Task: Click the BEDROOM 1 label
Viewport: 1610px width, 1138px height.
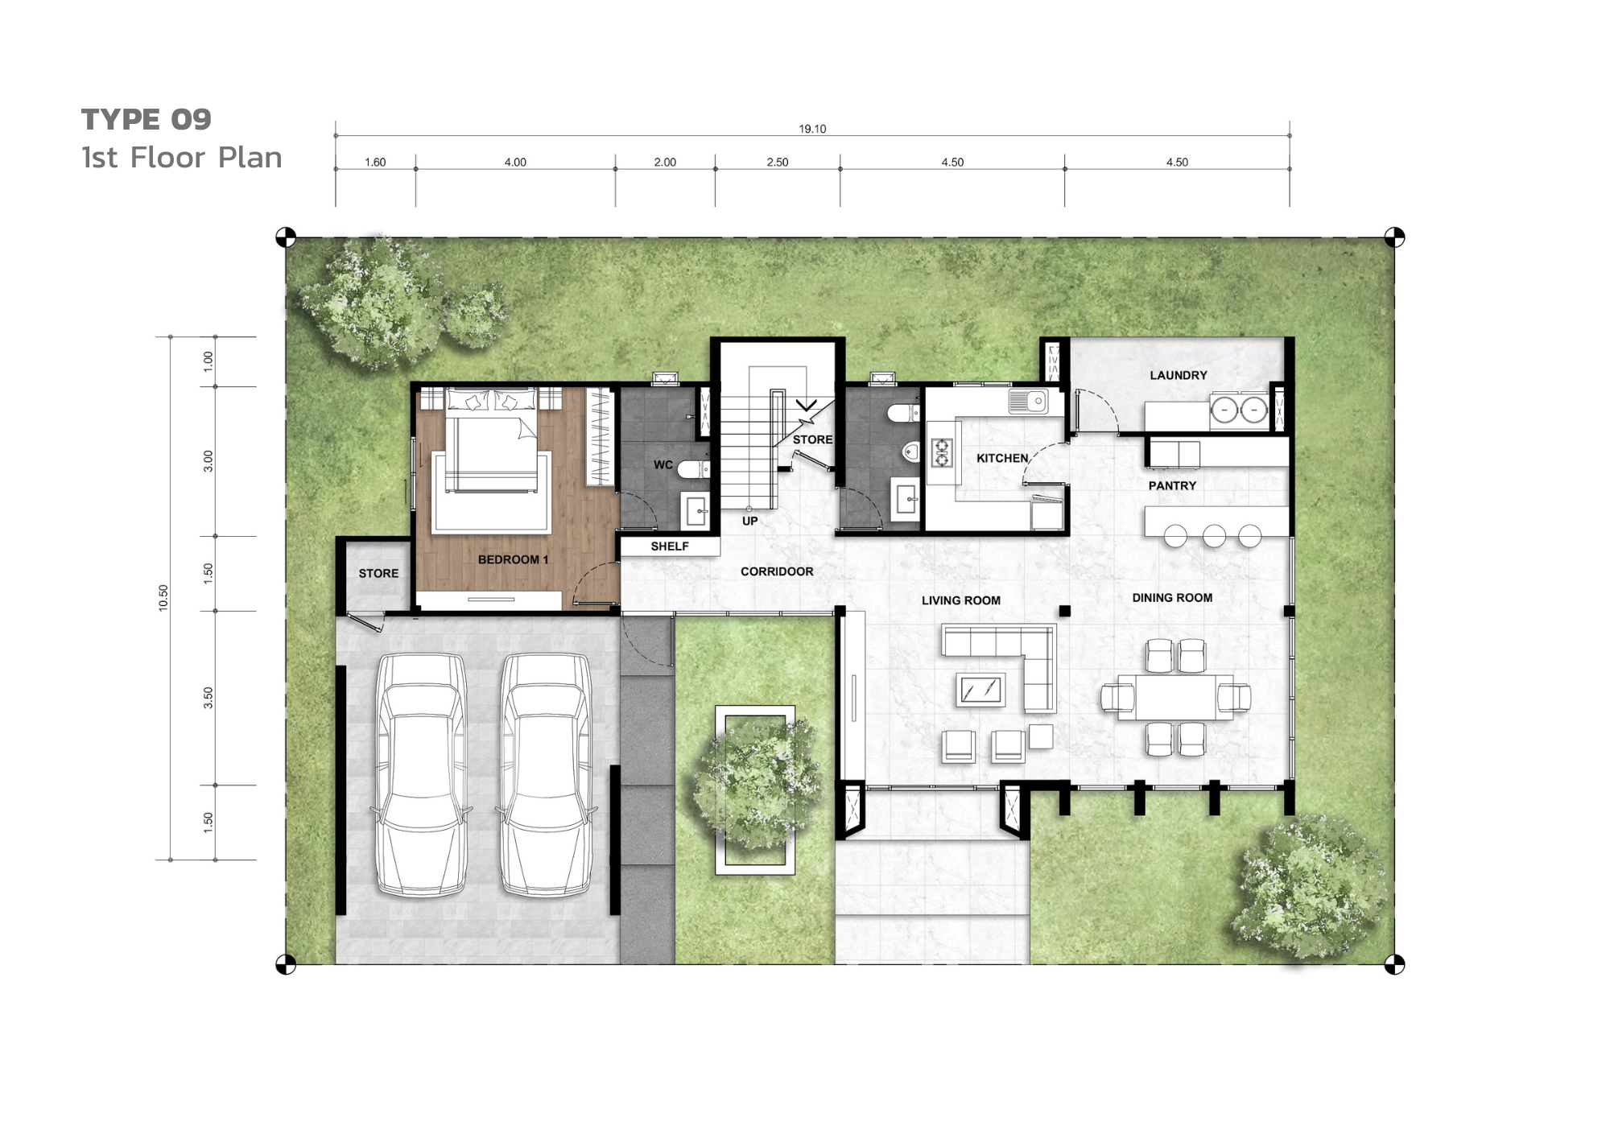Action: tap(513, 559)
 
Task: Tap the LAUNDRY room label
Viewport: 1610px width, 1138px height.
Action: tap(1179, 375)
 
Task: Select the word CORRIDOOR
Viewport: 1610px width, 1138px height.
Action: tap(777, 571)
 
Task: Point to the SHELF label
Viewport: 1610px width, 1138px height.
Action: tap(670, 546)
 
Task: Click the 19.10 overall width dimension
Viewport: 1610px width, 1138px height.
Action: tap(812, 129)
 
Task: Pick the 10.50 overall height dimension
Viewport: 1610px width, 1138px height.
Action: tap(163, 598)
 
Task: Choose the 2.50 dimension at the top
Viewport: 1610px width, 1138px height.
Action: tap(778, 162)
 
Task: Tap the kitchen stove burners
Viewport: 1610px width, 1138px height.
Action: tap(941, 452)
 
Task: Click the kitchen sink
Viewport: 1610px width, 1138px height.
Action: tap(1029, 401)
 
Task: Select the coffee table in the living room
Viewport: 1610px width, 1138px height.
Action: tap(981, 690)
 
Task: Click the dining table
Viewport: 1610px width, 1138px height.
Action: tap(1175, 697)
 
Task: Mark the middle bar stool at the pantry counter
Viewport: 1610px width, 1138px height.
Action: tap(1214, 535)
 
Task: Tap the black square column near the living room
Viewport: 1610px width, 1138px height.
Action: tap(1064, 611)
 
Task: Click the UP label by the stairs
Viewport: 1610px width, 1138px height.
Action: tap(749, 521)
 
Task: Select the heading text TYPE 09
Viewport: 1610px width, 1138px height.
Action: tap(147, 120)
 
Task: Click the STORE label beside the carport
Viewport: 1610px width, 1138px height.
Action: tap(378, 573)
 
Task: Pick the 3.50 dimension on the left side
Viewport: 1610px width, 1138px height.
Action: tap(208, 698)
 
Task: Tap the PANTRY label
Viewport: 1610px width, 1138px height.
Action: tap(1172, 485)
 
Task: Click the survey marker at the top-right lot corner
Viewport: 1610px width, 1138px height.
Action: tap(1394, 237)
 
